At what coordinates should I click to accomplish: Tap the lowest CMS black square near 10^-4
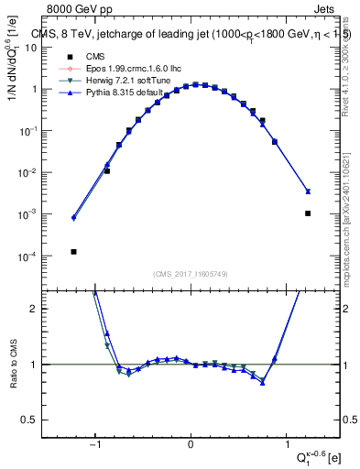tap(73, 252)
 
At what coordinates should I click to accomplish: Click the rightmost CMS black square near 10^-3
tap(308, 213)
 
